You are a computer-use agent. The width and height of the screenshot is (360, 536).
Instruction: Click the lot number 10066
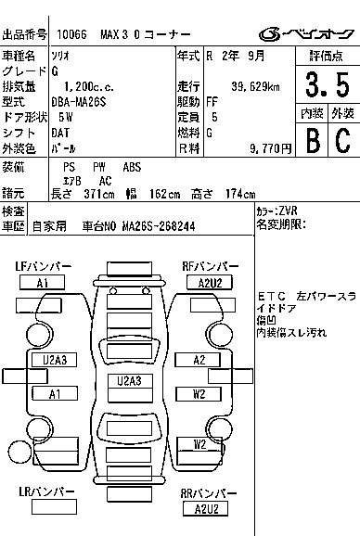71,34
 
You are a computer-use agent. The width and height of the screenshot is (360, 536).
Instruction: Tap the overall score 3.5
328,84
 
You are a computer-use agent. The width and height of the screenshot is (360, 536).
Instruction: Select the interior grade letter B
313,140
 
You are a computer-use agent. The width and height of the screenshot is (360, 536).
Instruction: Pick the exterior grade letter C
342,140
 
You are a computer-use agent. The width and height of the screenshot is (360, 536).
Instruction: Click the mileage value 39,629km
255,87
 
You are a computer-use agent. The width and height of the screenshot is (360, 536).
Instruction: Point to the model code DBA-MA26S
79,102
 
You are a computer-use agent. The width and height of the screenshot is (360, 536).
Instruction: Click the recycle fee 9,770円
270,148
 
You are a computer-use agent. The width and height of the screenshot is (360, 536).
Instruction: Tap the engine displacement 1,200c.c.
89,87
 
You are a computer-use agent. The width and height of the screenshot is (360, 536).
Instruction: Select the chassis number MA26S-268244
159,226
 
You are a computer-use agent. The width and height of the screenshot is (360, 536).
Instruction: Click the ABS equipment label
132,167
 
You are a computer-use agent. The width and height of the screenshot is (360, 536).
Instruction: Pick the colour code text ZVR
289,211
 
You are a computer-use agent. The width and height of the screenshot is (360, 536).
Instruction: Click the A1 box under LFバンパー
42,283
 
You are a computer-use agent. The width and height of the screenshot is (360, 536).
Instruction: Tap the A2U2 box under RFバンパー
210,283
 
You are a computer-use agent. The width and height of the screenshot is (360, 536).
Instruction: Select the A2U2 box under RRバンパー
205,509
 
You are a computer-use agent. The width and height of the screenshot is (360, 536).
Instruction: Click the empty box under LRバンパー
54,506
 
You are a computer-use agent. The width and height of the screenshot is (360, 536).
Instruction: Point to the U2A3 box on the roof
130,381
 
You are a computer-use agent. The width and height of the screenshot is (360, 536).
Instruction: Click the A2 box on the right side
198,360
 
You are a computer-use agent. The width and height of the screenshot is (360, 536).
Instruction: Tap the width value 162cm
164,194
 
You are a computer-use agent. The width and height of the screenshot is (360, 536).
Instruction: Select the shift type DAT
60,133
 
